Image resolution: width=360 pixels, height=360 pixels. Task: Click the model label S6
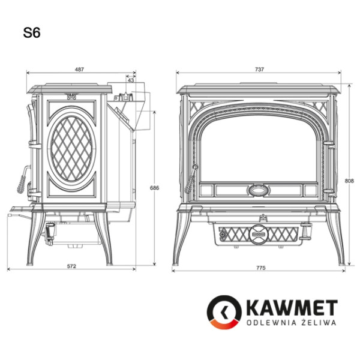pyautogui.click(x=32, y=34)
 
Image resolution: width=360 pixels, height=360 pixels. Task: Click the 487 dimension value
pyautogui.click(x=79, y=70)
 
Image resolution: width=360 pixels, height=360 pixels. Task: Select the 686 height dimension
pyautogui.click(x=155, y=188)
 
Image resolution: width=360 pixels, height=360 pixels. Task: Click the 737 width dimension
pyautogui.click(x=259, y=70)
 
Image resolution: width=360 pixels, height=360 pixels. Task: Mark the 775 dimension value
pyautogui.click(x=260, y=268)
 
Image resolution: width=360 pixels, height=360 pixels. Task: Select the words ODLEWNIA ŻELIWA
pyautogui.click(x=289, y=323)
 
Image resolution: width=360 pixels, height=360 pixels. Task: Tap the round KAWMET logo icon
pyautogui.click(x=224, y=313)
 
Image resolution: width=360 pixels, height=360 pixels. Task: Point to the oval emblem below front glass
pyautogui.click(x=259, y=190)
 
